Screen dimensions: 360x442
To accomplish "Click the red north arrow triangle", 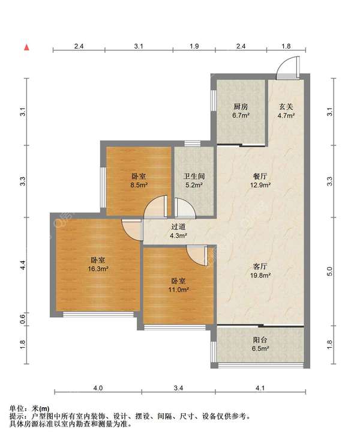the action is tap(27, 47).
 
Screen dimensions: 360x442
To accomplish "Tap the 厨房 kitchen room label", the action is tap(241, 107).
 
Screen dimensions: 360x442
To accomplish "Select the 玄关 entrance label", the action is tap(286, 107).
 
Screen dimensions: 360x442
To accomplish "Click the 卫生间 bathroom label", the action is tap(194, 177).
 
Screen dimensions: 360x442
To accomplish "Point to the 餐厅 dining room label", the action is tap(260, 177).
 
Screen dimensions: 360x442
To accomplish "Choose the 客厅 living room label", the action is tap(260, 267).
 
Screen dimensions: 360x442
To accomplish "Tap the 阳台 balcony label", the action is tap(260, 340).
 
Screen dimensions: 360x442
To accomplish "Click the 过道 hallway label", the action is tap(178, 227).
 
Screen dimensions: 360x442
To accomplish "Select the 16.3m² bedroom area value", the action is tap(98, 269).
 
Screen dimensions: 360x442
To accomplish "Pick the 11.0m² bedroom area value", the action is tap(178, 290).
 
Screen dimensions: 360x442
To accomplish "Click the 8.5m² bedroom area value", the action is tap(139, 185).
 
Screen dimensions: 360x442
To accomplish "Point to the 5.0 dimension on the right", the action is tap(330, 271).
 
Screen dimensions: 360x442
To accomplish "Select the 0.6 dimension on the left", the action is tap(23, 319).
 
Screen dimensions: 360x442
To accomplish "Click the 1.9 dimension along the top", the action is tap(194, 46).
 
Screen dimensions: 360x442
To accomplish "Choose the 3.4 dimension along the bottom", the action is tap(178, 388).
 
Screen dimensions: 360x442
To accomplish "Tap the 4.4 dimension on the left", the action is tap(23, 265).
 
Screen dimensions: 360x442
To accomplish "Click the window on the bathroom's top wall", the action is tap(193, 144).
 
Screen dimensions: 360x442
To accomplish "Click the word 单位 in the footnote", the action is tap(16, 408).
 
